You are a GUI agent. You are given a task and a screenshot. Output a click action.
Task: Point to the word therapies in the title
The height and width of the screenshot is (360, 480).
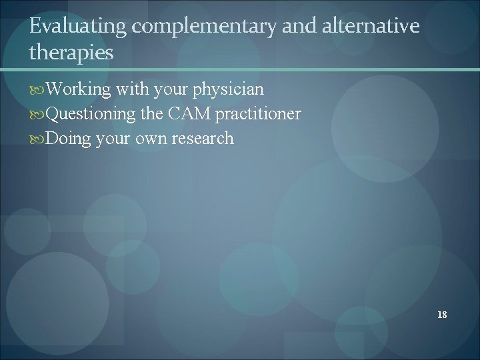coord(71,53)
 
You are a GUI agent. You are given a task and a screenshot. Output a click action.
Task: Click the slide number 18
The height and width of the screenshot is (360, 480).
coord(442,315)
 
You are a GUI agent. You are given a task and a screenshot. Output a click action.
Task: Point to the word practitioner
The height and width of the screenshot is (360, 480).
coord(258,114)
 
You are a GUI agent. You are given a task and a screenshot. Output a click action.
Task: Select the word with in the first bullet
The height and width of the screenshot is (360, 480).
coord(131,89)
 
